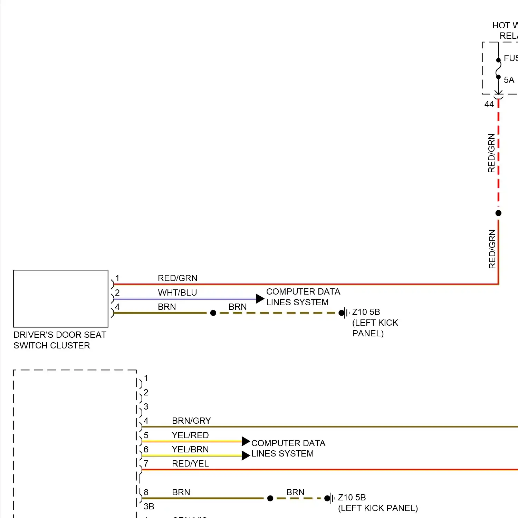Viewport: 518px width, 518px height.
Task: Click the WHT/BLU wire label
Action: (177, 292)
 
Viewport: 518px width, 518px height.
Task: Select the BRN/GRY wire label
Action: (191, 421)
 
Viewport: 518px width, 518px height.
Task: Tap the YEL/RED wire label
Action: (190, 435)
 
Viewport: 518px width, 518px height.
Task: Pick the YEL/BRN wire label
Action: (190, 449)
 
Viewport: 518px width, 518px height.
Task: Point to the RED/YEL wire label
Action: (190, 463)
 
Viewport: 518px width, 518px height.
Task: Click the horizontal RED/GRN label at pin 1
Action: (178, 278)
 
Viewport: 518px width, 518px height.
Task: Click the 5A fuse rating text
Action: (509, 80)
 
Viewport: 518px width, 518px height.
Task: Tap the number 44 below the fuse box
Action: (489, 104)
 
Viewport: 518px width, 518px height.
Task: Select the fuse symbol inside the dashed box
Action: (498, 68)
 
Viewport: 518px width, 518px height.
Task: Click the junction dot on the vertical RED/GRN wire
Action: (498, 213)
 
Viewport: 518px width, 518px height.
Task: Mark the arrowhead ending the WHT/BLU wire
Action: (260, 299)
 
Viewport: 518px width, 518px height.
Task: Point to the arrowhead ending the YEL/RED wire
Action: (246, 441)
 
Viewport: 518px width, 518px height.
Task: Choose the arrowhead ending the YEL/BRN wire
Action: (246, 455)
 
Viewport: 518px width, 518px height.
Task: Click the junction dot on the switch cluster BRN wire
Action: (213, 313)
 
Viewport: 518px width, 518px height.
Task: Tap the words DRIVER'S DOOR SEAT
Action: (60, 335)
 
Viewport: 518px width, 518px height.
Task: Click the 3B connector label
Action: (149, 506)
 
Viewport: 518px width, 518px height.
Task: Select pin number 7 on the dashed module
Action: (146, 463)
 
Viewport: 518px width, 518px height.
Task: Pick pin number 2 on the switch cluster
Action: (117, 292)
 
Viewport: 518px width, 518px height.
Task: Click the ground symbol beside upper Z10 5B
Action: (345, 313)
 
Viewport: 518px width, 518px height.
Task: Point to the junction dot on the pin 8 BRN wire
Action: (270, 498)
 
